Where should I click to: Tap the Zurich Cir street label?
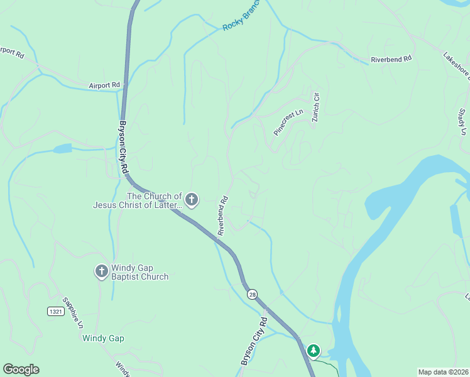coord(317,107)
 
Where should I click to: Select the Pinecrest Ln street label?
coord(288,122)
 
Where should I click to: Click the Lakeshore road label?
coord(456,66)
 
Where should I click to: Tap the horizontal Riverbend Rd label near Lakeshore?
coord(391,58)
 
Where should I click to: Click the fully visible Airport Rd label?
coord(104,85)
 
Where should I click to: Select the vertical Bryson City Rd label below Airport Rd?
coord(124,148)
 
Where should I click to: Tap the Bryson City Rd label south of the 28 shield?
coord(254,341)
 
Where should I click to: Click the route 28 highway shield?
coord(252,294)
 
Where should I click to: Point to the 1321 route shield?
coord(55,311)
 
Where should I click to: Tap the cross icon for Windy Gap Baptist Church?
coord(101,271)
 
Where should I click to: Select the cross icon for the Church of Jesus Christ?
coord(192,200)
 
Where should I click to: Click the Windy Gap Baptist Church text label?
coord(139,272)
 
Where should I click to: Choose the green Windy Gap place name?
coord(103,338)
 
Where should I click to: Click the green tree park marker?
coord(314,351)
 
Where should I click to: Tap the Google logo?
coord(21,369)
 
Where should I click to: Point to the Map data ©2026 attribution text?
coord(442,372)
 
